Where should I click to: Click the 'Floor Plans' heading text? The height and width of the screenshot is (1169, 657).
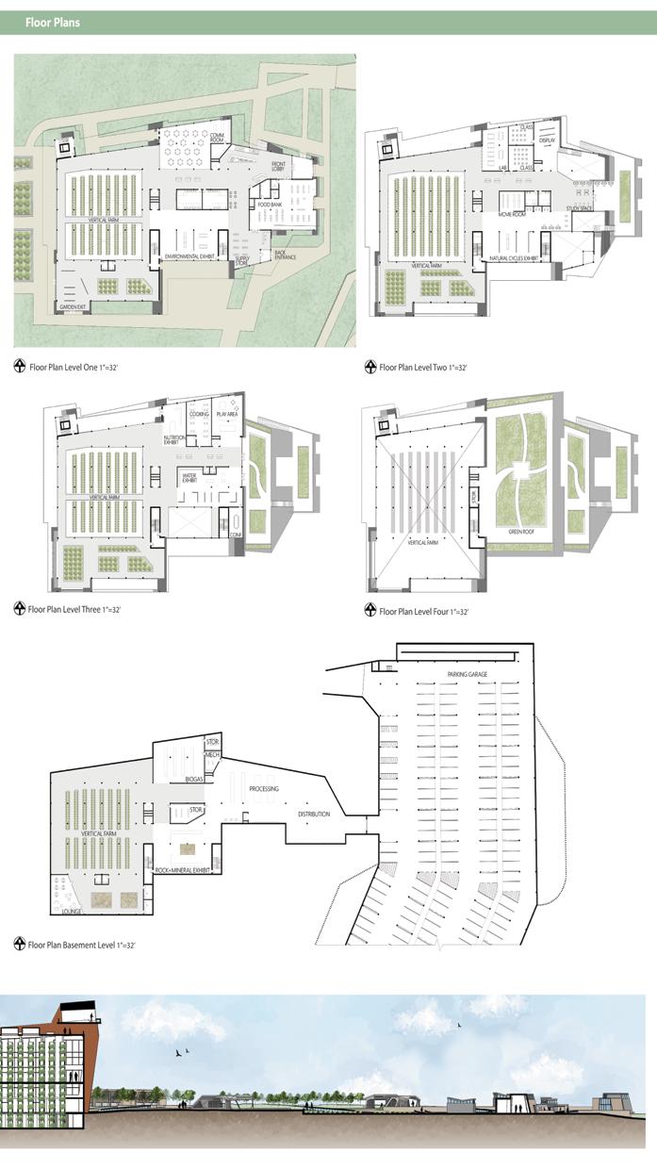[x=52, y=23]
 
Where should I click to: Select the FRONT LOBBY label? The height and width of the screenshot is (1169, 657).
[x=278, y=169]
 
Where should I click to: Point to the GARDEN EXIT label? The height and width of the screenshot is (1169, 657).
[x=73, y=306]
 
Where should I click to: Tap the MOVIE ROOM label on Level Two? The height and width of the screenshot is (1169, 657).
[x=512, y=215]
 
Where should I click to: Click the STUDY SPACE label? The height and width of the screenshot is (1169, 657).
[x=580, y=208]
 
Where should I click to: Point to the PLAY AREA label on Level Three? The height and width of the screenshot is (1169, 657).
[x=227, y=414]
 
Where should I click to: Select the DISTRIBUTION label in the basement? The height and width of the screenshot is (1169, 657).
[x=314, y=814]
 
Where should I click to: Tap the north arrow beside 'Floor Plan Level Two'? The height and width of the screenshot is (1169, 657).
[x=370, y=367]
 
